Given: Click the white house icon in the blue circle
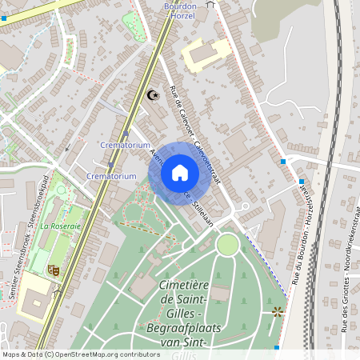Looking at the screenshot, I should coord(180,173).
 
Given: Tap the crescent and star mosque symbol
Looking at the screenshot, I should coord(153,95).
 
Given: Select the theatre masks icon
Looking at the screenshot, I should coord(54,270).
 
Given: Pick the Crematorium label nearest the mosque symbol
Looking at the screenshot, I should coord(126,146).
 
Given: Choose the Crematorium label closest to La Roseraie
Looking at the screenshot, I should coord(109,175).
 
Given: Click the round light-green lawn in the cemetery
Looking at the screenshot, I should coord(228,244).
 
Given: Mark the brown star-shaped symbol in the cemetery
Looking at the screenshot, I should coord(278,310).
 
